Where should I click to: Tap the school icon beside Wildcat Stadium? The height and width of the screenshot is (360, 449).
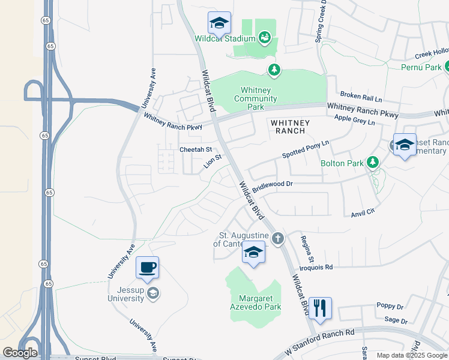tap(219, 23)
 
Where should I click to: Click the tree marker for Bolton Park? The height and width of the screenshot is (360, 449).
tap(373, 162)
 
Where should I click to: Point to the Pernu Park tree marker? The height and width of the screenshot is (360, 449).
tap(445, 67)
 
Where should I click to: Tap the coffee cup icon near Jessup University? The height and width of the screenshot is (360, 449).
tap(147, 268)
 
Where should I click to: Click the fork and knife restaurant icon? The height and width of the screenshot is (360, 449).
tap(319, 308)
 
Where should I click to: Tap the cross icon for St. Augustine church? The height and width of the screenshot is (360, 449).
tap(277, 239)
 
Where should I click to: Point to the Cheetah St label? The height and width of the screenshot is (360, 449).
tap(196, 149)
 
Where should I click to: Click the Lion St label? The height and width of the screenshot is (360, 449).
tap(213, 162)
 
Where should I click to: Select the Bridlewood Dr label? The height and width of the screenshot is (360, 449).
tap(272, 187)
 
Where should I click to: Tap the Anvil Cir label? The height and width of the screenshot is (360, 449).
tap(363, 211)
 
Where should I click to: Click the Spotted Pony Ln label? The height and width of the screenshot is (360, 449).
tap(306, 150)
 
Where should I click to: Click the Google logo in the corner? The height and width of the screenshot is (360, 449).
tap(20, 353)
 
